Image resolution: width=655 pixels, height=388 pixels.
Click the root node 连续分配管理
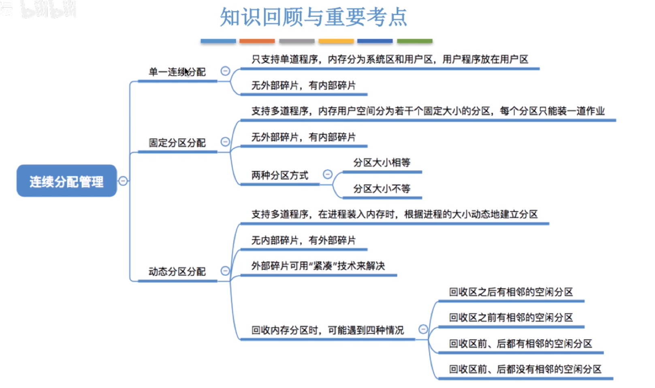pos(66,181)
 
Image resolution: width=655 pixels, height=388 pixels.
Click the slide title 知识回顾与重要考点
pos(313,17)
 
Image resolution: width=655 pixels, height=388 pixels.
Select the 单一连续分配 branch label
pos(177,72)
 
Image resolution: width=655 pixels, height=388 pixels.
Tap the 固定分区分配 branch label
pos(177,143)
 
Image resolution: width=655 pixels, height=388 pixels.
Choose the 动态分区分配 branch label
pos(177,271)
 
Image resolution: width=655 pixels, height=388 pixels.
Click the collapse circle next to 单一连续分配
pos(225,71)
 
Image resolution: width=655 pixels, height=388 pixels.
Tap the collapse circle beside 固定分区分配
pos(225,141)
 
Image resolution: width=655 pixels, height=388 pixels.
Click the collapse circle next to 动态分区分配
pos(225,271)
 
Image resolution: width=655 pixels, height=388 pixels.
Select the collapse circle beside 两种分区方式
pos(327,174)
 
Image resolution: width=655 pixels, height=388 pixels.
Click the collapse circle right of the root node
pos(123,181)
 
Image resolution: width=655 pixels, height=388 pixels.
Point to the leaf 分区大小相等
pos(382,163)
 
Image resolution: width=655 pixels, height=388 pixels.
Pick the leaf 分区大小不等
pos(382,189)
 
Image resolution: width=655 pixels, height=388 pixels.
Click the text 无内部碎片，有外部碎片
pos(303,240)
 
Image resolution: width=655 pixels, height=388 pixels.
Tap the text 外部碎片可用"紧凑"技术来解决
pos(318,266)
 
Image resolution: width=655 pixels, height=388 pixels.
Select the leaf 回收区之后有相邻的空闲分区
pos(511,292)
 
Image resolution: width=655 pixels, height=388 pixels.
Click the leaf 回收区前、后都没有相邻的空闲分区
pos(525,369)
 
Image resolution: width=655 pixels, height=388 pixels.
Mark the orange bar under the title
pos(257,41)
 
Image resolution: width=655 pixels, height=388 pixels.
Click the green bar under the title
pos(414,41)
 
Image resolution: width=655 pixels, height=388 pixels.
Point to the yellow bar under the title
pos(336,41)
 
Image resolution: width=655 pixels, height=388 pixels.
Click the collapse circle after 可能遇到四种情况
pos(423,329)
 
